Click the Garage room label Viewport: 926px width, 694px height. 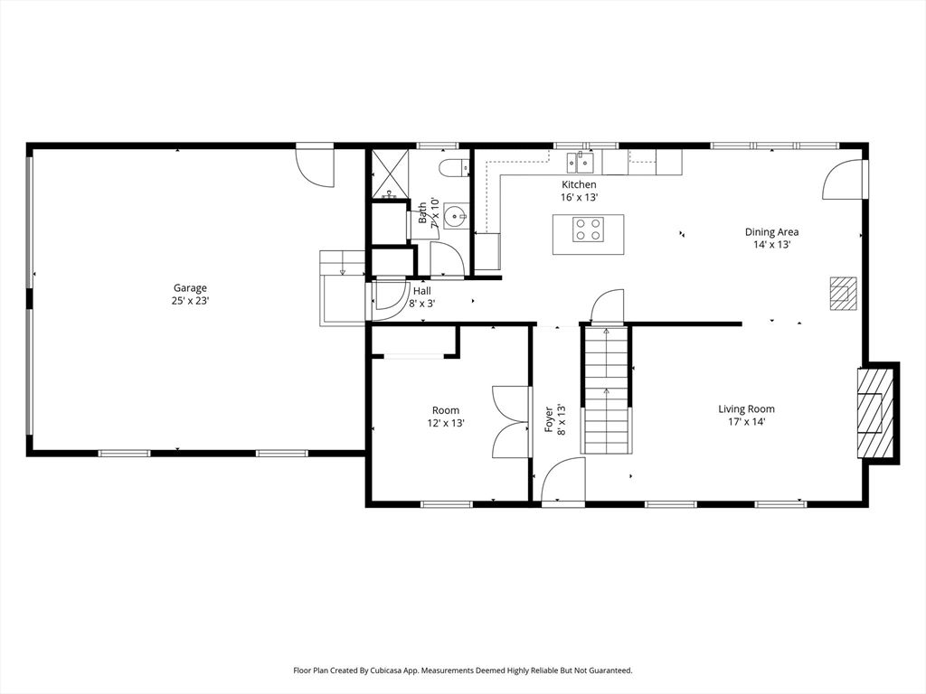[190, 288]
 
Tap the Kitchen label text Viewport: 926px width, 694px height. [579, 184]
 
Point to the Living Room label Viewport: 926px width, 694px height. [746, 409]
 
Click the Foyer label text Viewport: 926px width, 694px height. [549, 419]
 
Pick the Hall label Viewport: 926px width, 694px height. [421, 291]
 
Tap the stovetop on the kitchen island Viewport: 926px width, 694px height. [588, 230]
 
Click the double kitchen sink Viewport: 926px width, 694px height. [580, 162]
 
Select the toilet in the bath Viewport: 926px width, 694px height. [454, 168]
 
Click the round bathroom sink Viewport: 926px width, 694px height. [456, 217]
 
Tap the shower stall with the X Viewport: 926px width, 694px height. [389, 174]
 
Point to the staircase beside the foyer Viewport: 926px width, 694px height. [606, 389]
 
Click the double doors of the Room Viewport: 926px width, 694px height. [510, 422]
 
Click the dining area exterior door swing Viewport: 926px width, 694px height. [843, 180]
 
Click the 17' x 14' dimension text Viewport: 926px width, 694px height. [746, 422]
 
